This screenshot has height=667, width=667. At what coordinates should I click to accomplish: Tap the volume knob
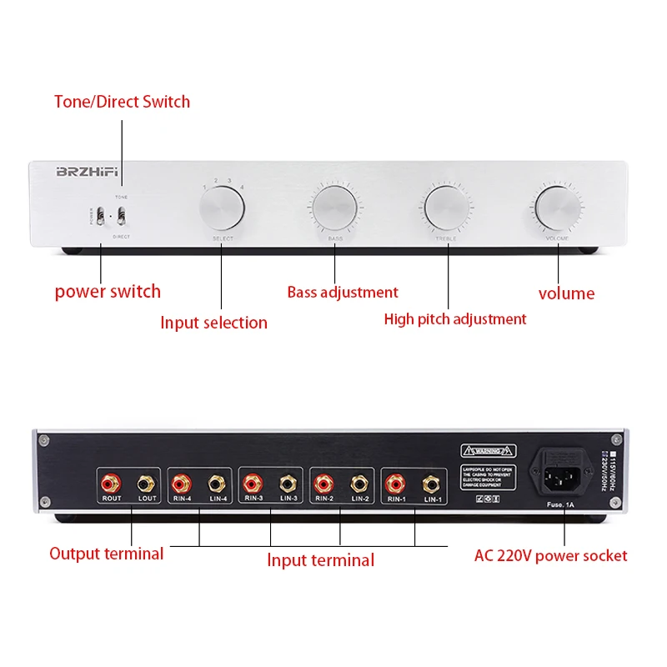558,208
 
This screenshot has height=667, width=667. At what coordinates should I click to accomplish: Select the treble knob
446,208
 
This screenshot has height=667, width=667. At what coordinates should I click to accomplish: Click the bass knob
334,208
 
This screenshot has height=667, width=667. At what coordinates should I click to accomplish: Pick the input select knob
223,208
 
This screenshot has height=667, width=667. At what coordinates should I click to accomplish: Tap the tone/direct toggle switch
122,216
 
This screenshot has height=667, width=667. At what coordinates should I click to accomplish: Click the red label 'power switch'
108,292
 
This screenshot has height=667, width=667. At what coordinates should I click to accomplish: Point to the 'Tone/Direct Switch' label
122,102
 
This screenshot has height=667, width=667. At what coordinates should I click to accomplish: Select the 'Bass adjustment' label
343,293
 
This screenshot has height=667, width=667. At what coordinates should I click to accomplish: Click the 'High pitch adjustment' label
455,318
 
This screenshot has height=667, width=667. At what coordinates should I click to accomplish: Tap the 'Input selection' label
213,323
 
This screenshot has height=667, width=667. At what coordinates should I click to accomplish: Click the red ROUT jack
112,482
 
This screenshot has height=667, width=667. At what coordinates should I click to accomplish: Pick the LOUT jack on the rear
146,482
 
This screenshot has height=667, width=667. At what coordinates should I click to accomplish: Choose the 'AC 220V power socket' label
550,555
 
